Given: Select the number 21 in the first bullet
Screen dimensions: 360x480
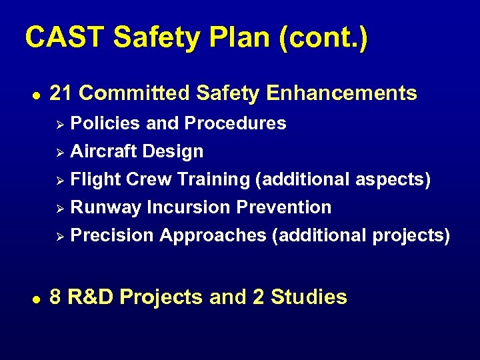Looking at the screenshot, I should pyautogui.click(x=61, y=93).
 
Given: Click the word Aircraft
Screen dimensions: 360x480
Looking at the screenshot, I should pyautogui.click(x=103, y=151).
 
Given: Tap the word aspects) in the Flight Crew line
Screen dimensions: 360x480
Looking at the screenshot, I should pyautogui.click(x=393, y=179).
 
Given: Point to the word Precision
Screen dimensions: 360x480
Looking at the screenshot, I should pyautogui.click(x=112, y=235).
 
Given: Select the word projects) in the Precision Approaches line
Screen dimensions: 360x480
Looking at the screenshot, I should pyautogui.click(x=411, y=235).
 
